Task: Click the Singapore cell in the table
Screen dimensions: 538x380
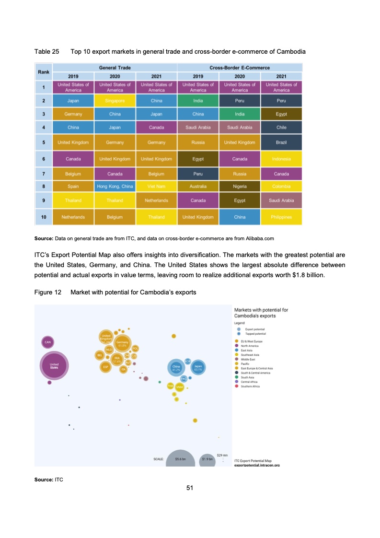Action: tap(115, 101)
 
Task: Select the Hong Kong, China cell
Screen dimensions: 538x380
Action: tap(115, 186)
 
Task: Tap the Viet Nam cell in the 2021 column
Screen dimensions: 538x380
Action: tap(157, 186)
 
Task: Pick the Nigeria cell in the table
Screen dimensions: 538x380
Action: tap(240, 186)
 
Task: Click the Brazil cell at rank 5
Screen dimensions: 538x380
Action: tap(281, 142)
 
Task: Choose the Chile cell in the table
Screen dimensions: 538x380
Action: tap(281, 127)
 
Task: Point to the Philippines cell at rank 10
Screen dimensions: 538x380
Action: tap(281, 217)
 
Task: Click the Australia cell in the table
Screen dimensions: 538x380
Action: tap(198, 186)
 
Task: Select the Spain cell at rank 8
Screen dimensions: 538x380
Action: tap(73, 186)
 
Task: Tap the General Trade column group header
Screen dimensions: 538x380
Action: tap(115, 68)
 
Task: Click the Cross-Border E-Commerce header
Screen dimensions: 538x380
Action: tap(240, 68)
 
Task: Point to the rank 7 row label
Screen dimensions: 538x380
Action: tap(44, 173)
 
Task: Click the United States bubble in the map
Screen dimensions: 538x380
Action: tap(54, 365)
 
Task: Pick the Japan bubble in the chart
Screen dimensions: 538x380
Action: tap(198, 367)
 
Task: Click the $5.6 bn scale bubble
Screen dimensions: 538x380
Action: tap(180, 459)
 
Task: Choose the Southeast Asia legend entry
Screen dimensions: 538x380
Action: tap(251, 354)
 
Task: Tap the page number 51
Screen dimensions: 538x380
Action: tap(190, 488)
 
